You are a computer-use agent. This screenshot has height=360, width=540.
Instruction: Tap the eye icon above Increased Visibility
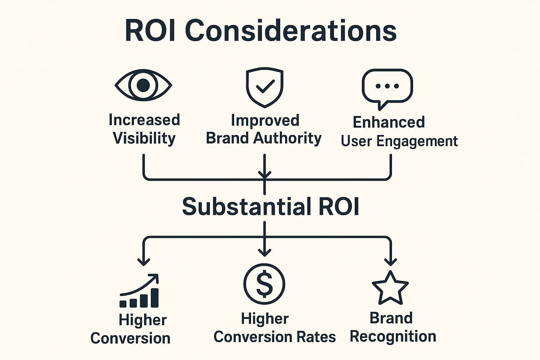[x=143, y=85]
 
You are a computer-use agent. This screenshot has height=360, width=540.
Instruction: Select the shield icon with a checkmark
[x=264, y=87]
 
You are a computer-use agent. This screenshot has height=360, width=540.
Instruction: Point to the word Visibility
[x=144, y=138]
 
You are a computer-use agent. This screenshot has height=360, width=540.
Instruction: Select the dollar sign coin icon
[x=264, y=284]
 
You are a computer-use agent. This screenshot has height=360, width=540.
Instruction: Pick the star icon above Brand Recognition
[x=390, y=288]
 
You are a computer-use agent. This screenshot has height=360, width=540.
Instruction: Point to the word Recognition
[x=393, y=336]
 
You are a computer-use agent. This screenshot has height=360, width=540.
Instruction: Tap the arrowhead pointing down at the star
[x=390, y=262]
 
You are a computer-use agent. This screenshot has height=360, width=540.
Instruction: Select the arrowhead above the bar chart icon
[x=143, y=262]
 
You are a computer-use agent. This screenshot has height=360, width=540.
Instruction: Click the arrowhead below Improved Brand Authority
[x=264, y=174]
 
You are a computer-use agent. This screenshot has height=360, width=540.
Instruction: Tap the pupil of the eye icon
[x=143, y=85]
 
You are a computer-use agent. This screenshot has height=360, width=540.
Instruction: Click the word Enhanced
[x=389, y=122]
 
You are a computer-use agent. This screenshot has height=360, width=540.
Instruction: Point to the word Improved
[x=265, y=120]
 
